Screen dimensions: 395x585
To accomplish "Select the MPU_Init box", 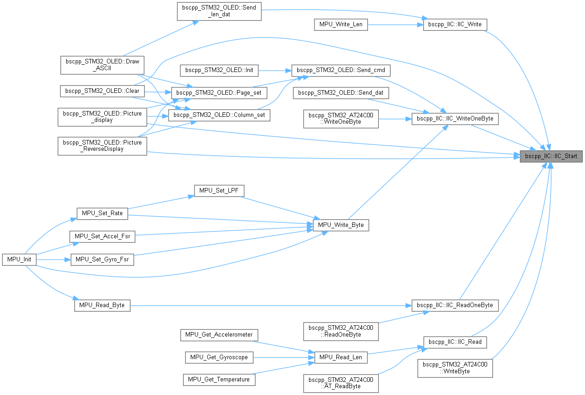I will [19, 260].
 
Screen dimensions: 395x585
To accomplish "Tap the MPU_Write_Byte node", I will [341, 225].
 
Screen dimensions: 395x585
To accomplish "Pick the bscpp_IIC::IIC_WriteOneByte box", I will [455, 119].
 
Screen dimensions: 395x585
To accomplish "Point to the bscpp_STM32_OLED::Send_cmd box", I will [341, 71].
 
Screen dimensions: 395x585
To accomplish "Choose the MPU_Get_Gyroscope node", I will [219, 357].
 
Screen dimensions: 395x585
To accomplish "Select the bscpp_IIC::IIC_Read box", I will [455, 342].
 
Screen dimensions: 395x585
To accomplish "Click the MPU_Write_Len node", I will [341, 24].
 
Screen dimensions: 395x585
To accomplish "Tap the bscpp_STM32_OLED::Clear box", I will [102, 91].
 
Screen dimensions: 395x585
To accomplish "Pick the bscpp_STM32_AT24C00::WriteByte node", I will [455, 367].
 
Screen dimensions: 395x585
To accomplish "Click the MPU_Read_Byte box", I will [102, 306].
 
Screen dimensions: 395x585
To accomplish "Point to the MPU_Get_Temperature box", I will [219, 379].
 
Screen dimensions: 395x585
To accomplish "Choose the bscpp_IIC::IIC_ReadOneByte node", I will [455, 305].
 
